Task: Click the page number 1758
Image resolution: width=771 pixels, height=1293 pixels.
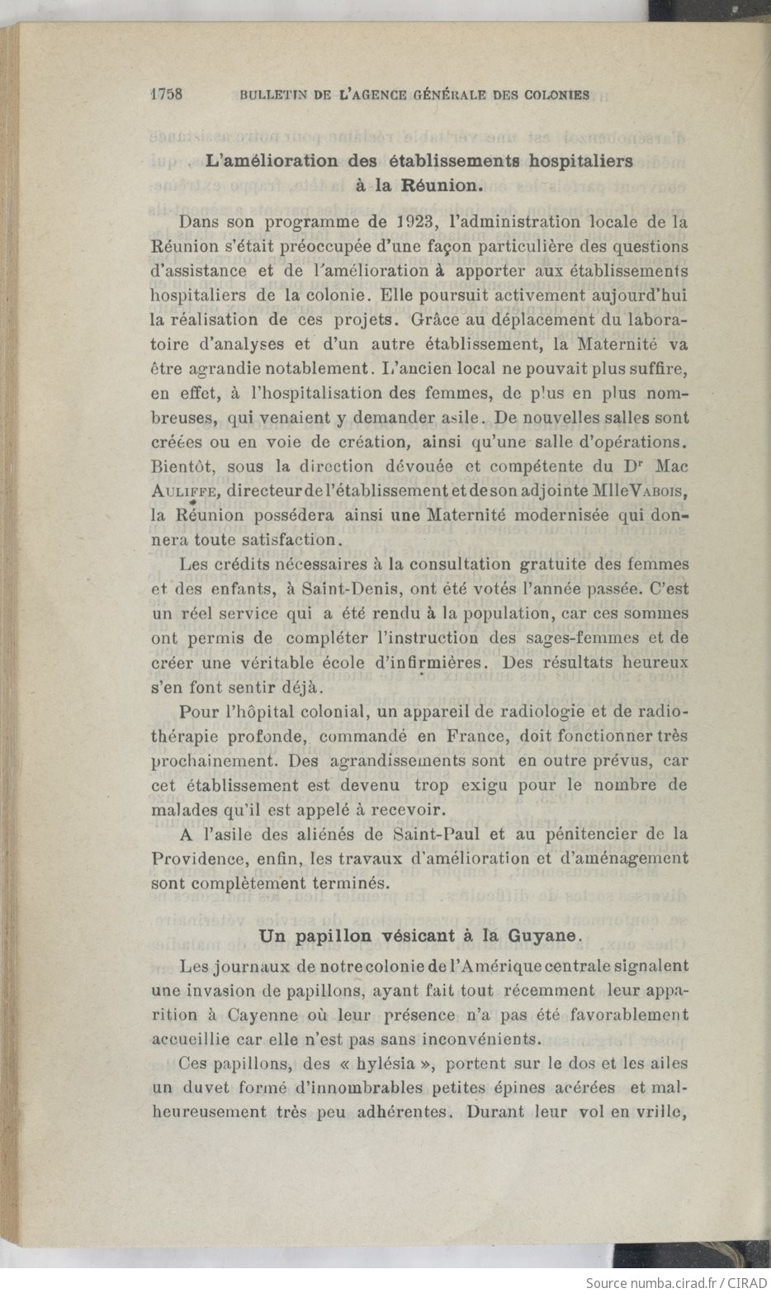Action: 168,94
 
